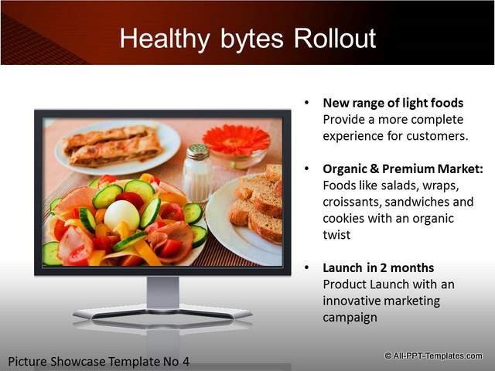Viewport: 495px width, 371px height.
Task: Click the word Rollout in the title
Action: point(335,38)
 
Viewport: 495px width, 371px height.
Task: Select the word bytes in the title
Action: point(252,39)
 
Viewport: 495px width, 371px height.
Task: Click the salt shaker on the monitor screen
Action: point(197,172)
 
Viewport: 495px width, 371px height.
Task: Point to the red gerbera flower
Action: point(236,140)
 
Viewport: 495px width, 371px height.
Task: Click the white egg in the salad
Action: point(122,215)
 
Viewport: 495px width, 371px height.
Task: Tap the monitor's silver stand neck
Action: point(163,293)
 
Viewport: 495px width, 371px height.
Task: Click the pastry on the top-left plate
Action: point(113,145)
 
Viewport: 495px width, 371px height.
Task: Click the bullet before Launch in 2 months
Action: point(306,267)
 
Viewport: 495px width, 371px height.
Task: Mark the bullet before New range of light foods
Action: point(306,103)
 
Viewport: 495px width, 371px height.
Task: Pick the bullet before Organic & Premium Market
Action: point(306,168)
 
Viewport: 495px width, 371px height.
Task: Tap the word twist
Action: point(336,235)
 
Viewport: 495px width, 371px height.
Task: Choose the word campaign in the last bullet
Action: point(350,318)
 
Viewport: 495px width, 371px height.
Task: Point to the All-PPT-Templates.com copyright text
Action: point(433,356)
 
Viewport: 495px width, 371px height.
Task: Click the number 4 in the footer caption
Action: point(186,361)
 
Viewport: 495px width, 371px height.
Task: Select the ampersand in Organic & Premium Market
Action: point(374,168)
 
